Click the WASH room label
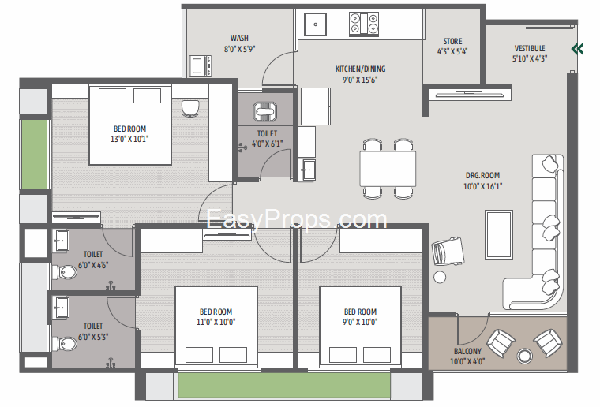click(239, 38)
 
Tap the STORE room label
click(452, 41)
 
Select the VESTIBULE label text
click(530, 49)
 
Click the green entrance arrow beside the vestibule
click(577, 49)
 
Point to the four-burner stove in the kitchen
click(364, 24)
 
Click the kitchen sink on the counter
click(315, 24)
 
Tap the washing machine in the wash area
click(200, 65)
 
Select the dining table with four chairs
click(388, 169)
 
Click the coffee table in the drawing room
click(499, 234)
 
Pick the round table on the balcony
click(524, 357)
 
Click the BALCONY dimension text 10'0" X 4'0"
click(467, 361)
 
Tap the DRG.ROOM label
click(482, 175)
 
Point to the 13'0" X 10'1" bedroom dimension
click(129, 139)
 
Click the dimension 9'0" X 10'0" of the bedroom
click(360, 322)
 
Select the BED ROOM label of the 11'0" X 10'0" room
click(216, 312)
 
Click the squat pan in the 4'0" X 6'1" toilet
click(265, 111)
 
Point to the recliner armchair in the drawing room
click(448, 251)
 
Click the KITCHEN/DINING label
click(361, 69)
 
